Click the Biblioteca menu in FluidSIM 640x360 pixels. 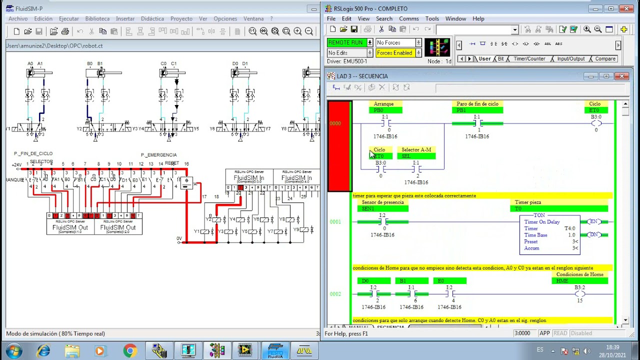(x=97, y=18)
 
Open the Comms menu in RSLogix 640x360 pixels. (x=408, y=18)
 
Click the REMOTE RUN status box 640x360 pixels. (x=346, y=42)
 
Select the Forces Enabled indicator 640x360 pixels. (x=394, y=53)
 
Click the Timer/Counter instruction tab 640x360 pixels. (x=529, y=58)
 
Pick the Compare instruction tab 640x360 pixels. (x=605, y=58)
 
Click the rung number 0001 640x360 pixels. (x=335, y=222)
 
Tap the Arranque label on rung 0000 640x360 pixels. (x=383, y=104)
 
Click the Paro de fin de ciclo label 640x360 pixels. (x=477, y=104)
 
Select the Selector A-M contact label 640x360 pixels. (x=416, y=149)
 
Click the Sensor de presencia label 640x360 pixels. (x=382, y=202)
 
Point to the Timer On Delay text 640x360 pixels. (x=541, y=222)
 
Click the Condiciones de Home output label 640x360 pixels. (x=579, y=274)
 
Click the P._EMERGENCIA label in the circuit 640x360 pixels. (x=158, y=155)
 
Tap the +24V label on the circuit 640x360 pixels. (x=16, y=165)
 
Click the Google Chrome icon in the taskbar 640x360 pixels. (x=130, y=350)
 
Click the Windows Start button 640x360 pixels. (x=13, y=350)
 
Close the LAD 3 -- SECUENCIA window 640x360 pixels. (x=621, y=76)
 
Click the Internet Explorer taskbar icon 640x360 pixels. (x=43, y=350)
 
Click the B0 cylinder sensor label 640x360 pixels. (x=90, y=64)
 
